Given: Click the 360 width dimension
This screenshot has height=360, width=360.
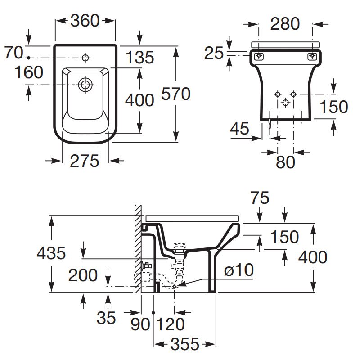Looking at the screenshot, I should click(85, 21).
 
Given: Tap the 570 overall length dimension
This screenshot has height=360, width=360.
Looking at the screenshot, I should click(176, 94).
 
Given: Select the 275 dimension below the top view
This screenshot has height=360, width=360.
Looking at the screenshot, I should click(85, 161).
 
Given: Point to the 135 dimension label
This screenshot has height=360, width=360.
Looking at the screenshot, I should click(139, 58).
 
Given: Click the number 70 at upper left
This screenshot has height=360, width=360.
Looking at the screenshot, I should click(13, 53).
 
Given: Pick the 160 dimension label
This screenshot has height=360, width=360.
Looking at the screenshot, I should click(28, 72).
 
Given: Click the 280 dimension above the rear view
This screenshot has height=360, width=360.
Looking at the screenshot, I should click(285, 24).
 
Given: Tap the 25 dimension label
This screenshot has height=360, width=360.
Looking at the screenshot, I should click(214, 53).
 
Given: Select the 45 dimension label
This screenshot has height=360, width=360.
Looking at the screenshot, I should click(239, 129).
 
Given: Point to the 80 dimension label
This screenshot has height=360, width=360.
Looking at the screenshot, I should click(285, 162).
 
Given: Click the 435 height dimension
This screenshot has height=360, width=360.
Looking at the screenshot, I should click(51, 253).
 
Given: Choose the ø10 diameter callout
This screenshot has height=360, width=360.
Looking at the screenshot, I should click(239, 270).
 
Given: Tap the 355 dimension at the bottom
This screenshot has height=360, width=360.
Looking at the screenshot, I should click(184, 344).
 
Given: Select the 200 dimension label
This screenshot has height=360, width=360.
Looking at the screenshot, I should click(83, 275).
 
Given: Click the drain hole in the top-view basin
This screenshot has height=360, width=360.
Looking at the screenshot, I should click(85, 84).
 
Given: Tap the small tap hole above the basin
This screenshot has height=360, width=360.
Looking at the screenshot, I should click(85, 58).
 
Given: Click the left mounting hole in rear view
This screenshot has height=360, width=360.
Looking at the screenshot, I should click(259, 56).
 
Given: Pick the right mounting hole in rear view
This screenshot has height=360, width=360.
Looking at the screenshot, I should click(312, 56).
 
